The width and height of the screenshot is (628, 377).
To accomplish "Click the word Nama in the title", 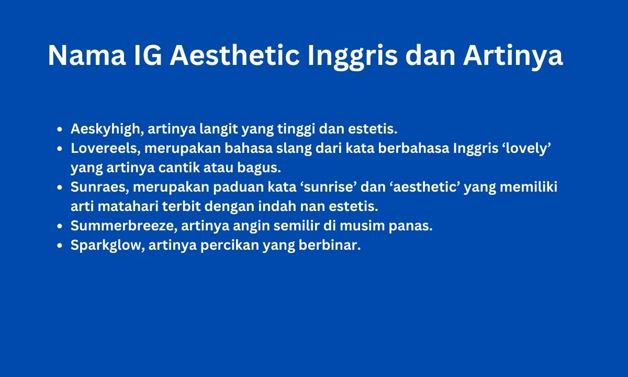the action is (x=87, y=56).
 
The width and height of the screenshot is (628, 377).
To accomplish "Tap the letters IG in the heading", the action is (x=148, y=56).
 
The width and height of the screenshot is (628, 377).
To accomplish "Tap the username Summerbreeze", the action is (x=122, y=226).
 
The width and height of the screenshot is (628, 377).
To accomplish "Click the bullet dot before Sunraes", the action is (x=60, y=187).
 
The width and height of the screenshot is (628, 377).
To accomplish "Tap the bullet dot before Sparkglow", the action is (x=60, y=246).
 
